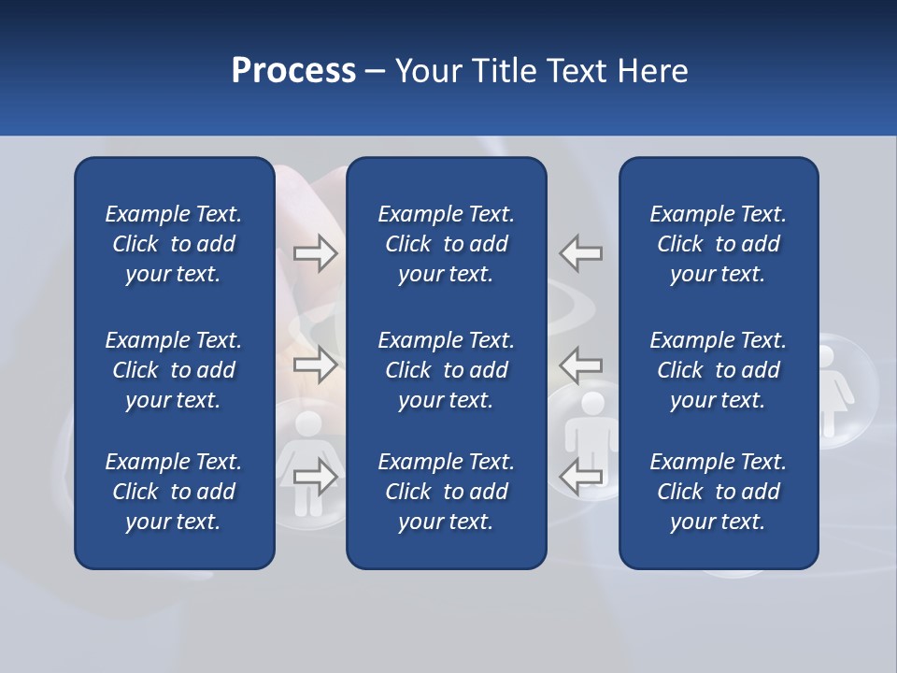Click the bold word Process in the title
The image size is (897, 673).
[x=293, y=71]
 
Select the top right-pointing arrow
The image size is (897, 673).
[x=316, y=253]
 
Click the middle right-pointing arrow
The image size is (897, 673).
[x=316, y=365]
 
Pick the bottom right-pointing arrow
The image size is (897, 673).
[x=316, y=478]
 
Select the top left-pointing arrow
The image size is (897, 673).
[x=581, y=253]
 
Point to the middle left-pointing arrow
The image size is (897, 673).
[x=581, y=365]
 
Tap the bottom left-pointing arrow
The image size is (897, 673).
[x=581, y=478]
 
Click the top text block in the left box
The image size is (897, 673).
[x=174, y=244]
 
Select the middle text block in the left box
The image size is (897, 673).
[x=174, y=370]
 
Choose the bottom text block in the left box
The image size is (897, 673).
[x=174, y=492]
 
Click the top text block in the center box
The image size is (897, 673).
[x=446, y=244]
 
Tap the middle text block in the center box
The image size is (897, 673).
[x=446, y=370]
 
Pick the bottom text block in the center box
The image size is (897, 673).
[x=446, y=492]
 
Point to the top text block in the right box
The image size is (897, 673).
[x=718, y=244]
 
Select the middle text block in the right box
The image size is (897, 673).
[x=718, y=370]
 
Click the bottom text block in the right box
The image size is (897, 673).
[x=718, y=492]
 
